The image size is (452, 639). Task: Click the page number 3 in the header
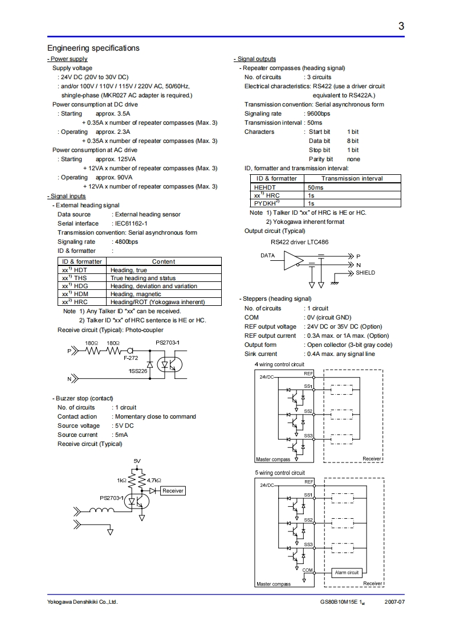point(401,26)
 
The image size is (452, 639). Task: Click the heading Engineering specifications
point(93,48)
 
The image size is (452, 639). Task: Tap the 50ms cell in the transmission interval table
point(315,187)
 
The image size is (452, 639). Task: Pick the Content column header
point(164,261)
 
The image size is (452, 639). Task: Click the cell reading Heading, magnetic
point(137,294)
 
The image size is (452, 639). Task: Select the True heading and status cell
point(143,278)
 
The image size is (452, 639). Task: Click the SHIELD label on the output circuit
point(365,273)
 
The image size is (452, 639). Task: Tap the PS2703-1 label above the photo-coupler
point(168,342)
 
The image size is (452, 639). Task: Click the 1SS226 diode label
point(138,371)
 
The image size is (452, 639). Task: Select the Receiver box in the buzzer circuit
point(173,490)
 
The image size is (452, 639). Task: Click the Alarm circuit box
point(347,572)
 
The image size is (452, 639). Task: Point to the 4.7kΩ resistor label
point(154,481)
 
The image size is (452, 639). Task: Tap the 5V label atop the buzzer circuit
point(137,460)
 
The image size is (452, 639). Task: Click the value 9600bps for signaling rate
point(318,113)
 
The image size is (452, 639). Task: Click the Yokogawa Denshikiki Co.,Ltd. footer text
point(82,602)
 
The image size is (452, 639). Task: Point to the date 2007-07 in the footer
point(394,602)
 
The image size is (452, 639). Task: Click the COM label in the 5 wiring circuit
point(308,570)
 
